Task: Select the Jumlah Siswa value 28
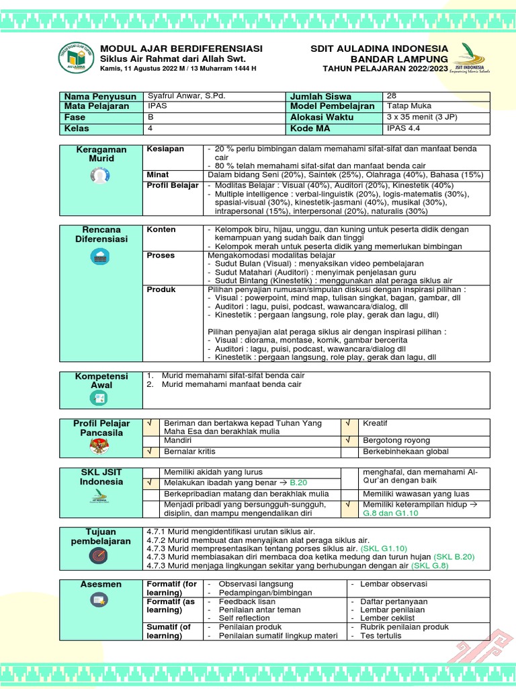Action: click(392, 96)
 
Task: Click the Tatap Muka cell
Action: click(409, 106)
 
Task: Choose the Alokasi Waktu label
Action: click(320, 117)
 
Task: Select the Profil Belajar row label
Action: click(173, 185)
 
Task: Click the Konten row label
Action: click(161, 229)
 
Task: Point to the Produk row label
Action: click(161, 289)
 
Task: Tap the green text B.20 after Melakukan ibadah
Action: click(298, 482)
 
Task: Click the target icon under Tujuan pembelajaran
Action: click(98, 556)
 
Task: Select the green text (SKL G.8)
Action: click(431, 566)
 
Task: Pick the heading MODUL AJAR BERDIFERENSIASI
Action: click(181, 49)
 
